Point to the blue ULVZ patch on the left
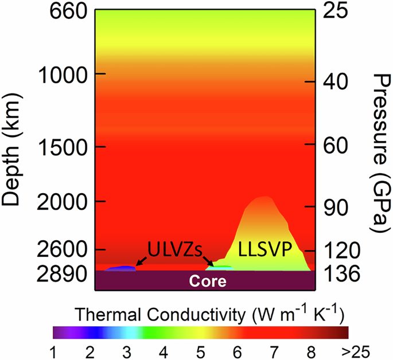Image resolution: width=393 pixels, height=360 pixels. click(x=122, y=268)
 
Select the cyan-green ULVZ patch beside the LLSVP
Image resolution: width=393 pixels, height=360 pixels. click(x=221, y=267)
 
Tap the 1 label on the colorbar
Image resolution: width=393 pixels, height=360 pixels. click(x=53, y=349)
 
